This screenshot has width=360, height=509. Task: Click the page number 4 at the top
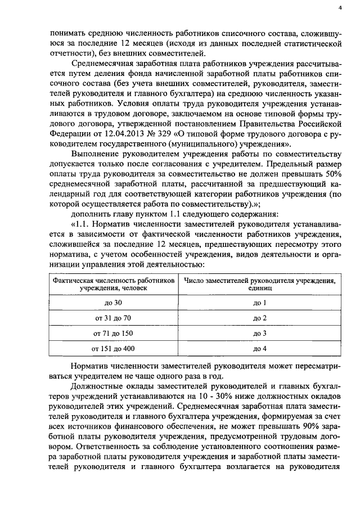pyautogui.click(x=341, y=8)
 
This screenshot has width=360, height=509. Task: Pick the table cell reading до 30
pyautogui.click(x=113, y=303)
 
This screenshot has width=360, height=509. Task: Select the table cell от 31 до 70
pyautogui.click(x=113, y=318)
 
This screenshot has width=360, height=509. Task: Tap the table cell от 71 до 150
pyautogui.click(x=113, y=333)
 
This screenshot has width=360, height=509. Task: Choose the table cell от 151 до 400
pyautogui.click(x=113, y=348)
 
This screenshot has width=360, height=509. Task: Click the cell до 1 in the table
pyautogui.click(x=259, y=303)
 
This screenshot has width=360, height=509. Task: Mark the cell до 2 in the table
pyautogui.click(x=259, y=318)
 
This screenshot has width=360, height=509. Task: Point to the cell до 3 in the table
pyautogui.click(x=259, y=333)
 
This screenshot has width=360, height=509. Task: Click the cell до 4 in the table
pyautogui.click(x=259, y=348)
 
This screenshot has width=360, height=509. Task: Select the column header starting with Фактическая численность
pyautogui.click(x=113, y=283)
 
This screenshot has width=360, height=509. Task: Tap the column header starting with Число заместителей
pyautogui.click(x=259, y=283)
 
